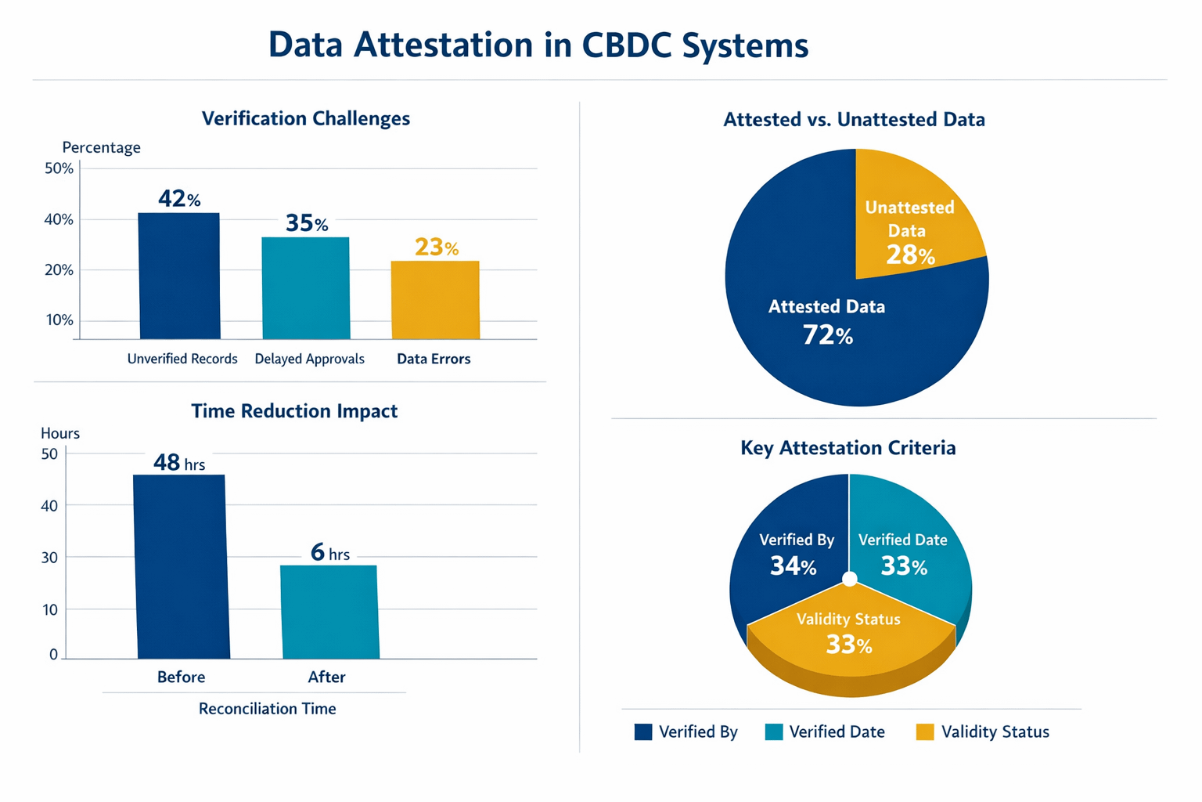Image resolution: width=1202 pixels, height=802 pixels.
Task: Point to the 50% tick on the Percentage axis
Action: click(x=59, y=168)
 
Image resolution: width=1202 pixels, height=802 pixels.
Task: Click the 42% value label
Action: click(x=179, y=199)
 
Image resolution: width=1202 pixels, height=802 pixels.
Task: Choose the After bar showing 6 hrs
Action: click(x=329, y=612)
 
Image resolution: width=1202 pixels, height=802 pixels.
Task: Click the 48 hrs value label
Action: click(x=179, y=463)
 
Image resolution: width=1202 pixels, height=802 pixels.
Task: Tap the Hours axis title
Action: click(x=60, y=433)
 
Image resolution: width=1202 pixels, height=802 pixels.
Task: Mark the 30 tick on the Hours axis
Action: click(x=50, y=558)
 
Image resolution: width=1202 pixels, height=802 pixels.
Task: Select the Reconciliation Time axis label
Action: click(x=267, y=709)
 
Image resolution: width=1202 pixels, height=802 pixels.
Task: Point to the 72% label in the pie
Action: click(x=828, y=336)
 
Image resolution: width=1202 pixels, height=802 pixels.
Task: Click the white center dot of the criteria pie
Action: click(x=850, y=580)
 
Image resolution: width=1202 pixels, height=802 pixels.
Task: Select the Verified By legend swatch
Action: click(x=643, y=732)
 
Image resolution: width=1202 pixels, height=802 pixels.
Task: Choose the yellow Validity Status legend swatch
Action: click(x=925, y=732)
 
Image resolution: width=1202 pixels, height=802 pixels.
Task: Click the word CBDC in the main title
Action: click(x=626, y=45)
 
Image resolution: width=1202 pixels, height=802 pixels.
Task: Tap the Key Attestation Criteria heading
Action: click(x=848, y=448)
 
